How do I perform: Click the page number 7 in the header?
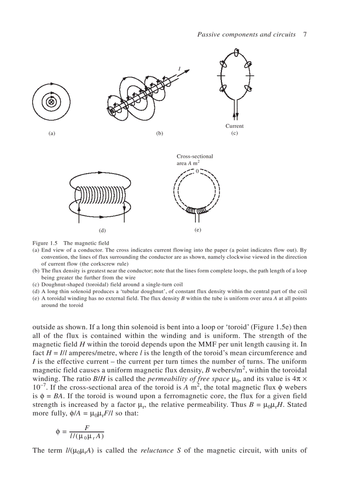pyautogui.click(x=305, y=34)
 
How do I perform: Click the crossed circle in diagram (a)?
pyautogui.click(x=51, y=102)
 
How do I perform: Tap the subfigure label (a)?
pyautogui.click(x=52, y=134)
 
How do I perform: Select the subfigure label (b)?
pyautogui.click(x=160, y=134)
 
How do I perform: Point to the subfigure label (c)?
pyautogui.click(x=234, y=133)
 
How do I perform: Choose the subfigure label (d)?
pyautogui.click(x=102, y=230)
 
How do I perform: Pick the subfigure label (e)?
pyautogui.click(x=198, y=230)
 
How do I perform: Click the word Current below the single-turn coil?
pyautogui.click(x=234, y=126)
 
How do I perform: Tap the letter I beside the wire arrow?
pyautogui.click(x=179, y=68)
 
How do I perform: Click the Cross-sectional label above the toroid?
pyautogui.click(x=195, y=156)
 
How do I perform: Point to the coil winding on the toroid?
pyautogui.click(x=196, y=210)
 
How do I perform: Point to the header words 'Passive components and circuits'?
pyautogui.click(x=246, y=34)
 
